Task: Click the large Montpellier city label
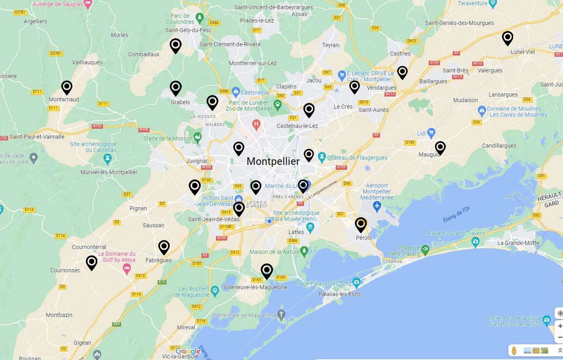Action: click(x=273, y=161)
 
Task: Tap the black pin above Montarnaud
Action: click(x=67, y=87)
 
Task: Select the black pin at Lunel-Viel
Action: click(x=508, y=38)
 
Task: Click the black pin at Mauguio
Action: click(x=440, y=147)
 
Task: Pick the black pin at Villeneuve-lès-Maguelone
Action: click(x=267, y=270)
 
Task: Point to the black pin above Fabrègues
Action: click(x=164, y=247)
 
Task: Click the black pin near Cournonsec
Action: click(x=92, y=262)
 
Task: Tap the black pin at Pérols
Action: click(x=361, y=224)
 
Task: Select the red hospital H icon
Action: click(x=256, y=125)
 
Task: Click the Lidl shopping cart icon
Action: click(x=431, y=132)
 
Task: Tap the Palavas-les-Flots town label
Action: click(x=339, y=294)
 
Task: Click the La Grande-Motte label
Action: click(x=518, y=243)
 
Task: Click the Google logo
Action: click(x=188, y=351)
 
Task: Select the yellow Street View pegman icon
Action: click(x=514, y=350)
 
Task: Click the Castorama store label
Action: click(x=254, y=93)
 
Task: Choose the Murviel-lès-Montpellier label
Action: click(x=109, y=172)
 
